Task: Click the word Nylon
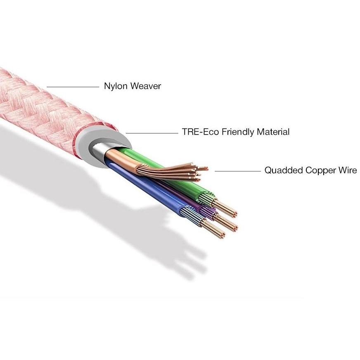116,87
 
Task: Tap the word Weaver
146,86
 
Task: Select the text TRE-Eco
200,132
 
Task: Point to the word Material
273,132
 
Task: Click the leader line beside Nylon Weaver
73,87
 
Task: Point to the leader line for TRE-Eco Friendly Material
152,133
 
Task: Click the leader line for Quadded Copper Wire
238,171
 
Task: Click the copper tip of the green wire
225,208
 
